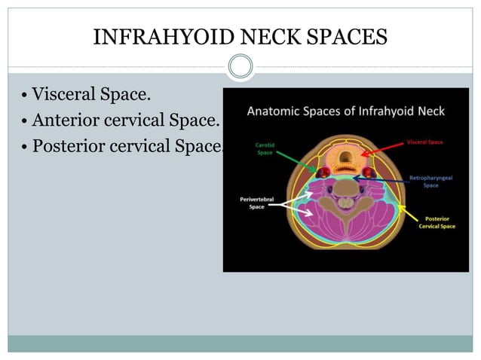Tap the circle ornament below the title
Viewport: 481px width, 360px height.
(x=240, y=67)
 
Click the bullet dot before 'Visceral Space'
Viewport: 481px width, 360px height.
(x=25, y=96)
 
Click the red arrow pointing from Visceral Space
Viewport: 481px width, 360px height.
(x=384, y=148)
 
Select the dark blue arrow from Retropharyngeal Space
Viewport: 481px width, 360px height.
(x=388, y=178)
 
